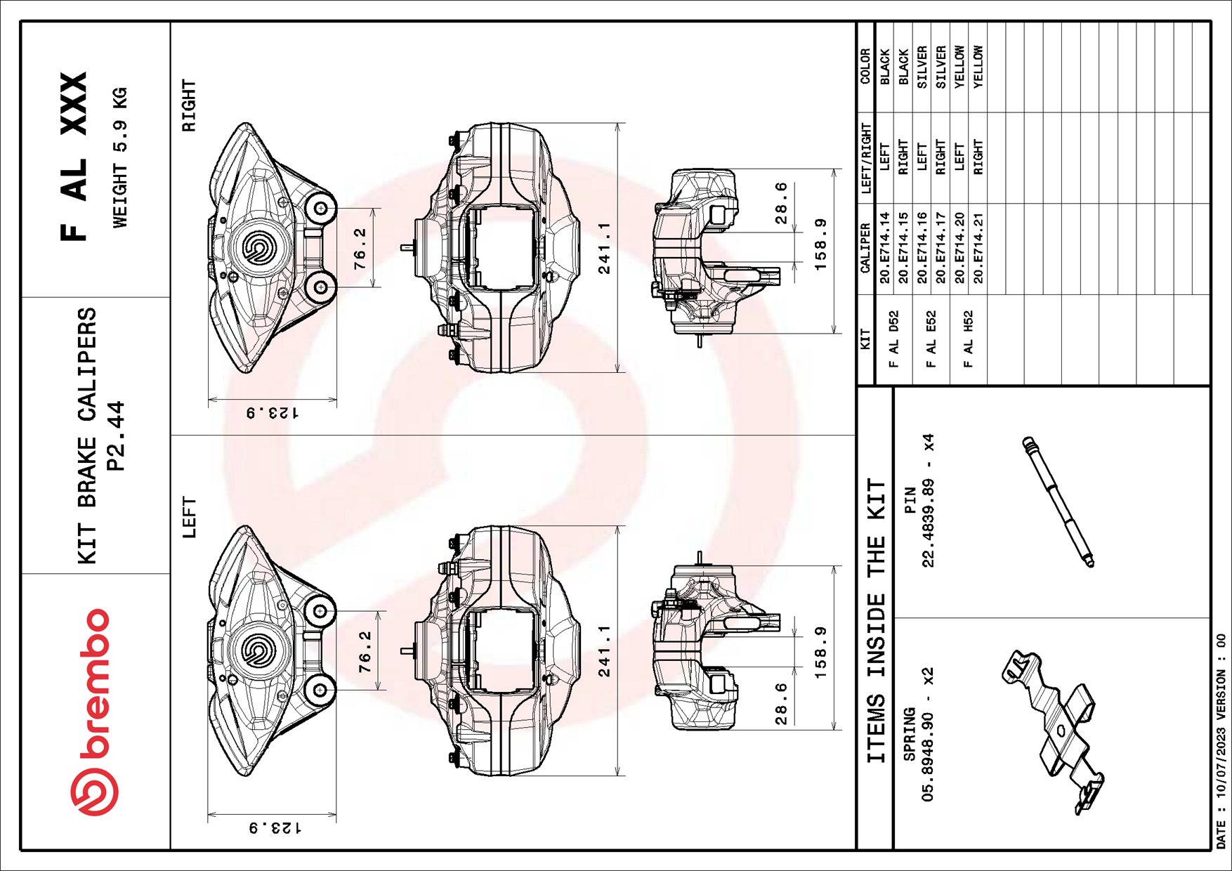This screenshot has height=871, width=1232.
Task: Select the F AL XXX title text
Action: click(x=73, y=156)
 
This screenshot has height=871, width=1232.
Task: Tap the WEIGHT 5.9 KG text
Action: click(x=120, y=157)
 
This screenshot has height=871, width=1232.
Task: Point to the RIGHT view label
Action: click(x=189, y=105)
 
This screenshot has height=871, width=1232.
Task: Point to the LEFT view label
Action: click(x=189, y=517)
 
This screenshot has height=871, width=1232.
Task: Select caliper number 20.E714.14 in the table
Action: click(x=884, y=247)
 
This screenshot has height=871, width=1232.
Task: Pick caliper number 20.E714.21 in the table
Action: click(x=978, y=247)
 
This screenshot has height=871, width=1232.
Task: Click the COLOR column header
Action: click(x=865, y=66)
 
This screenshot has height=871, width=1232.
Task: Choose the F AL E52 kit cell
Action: click(x=931, y=339)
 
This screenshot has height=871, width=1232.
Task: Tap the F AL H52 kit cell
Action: click(x=968, y=339)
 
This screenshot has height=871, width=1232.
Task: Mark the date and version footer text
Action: click(x=1221, y=742)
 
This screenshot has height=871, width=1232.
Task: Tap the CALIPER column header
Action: click(x=865, y=248)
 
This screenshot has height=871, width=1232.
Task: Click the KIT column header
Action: click(x=865, y=339)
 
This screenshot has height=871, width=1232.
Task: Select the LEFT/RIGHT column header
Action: click(x=865, y=159)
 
